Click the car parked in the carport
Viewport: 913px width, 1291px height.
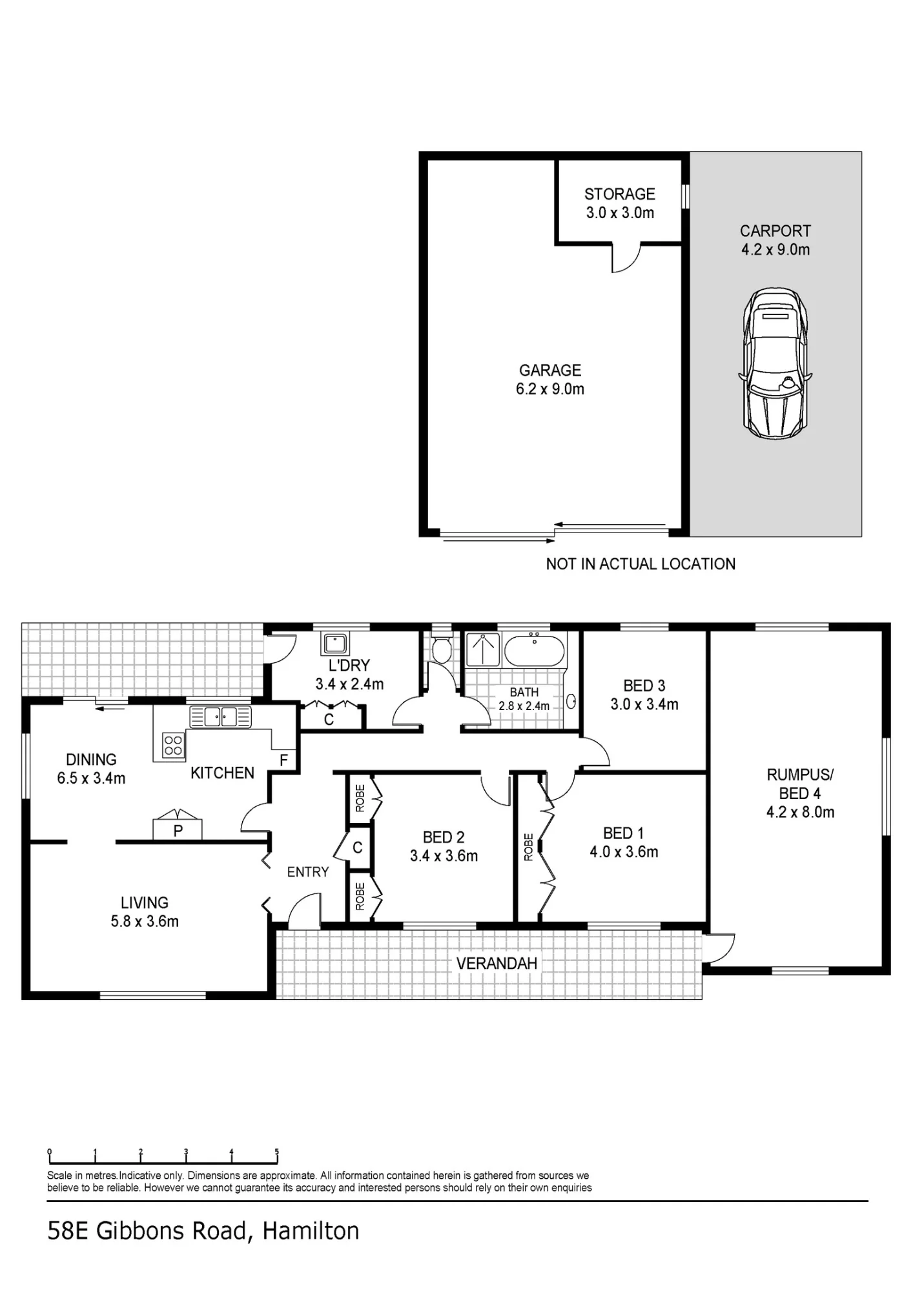tap(775, 363)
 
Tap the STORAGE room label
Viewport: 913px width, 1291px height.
tap(620, 194)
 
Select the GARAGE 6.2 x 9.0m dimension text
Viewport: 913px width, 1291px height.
tap(550, 389)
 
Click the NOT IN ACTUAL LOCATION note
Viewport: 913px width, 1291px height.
tap(641, 564)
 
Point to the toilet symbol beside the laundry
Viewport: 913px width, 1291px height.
tap(442, 649)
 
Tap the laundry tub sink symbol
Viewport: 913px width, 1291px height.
tap(335, 644)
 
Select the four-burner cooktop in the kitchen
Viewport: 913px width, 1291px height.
tap(173, 746)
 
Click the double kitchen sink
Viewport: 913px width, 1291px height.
tap(220, 717)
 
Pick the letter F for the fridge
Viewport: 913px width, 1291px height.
tap(283, 760)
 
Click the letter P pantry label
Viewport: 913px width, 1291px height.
tap(178, 831)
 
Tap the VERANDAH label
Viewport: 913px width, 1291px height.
tap(497, 964)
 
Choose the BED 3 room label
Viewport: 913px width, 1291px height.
tap(644, 686)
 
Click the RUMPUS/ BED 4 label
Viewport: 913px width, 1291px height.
tap(800, 784)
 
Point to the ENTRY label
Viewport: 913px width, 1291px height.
tap(308, 872)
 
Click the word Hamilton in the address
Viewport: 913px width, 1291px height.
tap(311, 1232)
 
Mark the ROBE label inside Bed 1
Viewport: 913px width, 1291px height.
tap(529, 847)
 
